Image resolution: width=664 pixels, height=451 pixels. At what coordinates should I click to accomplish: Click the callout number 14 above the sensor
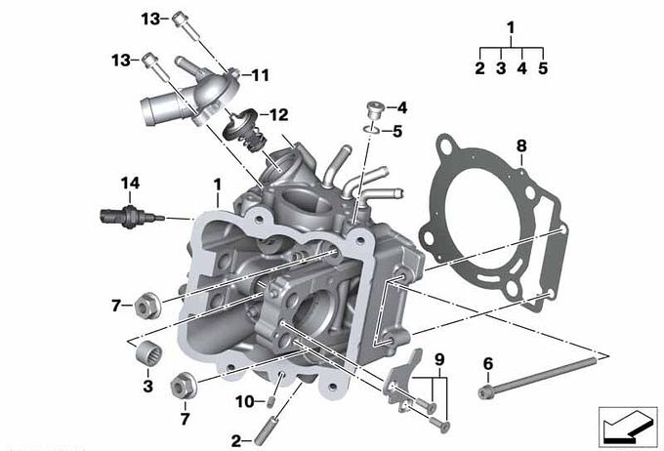coord(130,184)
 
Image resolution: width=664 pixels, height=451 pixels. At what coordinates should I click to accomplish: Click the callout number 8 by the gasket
coord(521,146)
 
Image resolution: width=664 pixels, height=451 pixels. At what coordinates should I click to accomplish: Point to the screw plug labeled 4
coord(374,109)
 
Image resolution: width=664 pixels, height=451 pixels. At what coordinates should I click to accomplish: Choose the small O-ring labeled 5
coord(372,128)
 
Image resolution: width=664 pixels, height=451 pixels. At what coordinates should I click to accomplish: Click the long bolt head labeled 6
coord(485,392)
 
